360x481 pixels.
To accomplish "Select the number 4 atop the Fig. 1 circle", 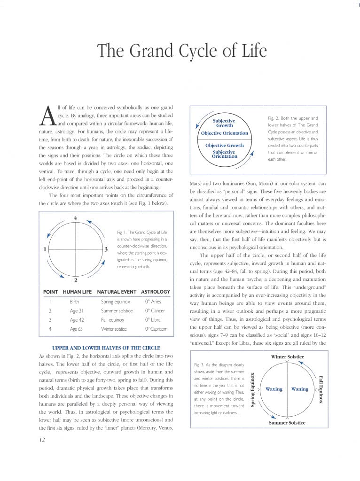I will (x=75, y=217).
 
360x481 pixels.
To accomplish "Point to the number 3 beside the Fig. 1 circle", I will (x=107, y=249).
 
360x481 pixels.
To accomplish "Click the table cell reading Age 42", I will (x=76, y=319).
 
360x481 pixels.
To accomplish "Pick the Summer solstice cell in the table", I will (x=117, y=310).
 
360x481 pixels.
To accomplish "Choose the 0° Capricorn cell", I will (x=156, y=329).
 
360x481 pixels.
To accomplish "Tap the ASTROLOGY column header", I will (x=156, y=292).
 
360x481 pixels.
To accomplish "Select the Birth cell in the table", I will (x=74, y=302).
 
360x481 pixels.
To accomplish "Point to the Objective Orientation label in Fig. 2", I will (x=225, y=133).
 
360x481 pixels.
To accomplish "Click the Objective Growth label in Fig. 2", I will (x=225, y=145).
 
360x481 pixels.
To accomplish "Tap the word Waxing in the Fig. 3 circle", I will (x=274, y=389).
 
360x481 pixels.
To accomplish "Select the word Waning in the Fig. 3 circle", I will (x=300, y=389).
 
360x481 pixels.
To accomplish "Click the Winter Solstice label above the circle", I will (x=288, y=357).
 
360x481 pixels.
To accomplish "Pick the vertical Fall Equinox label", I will (x=321, y=389).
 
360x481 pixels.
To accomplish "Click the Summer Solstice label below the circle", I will (x=287, y=423).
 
